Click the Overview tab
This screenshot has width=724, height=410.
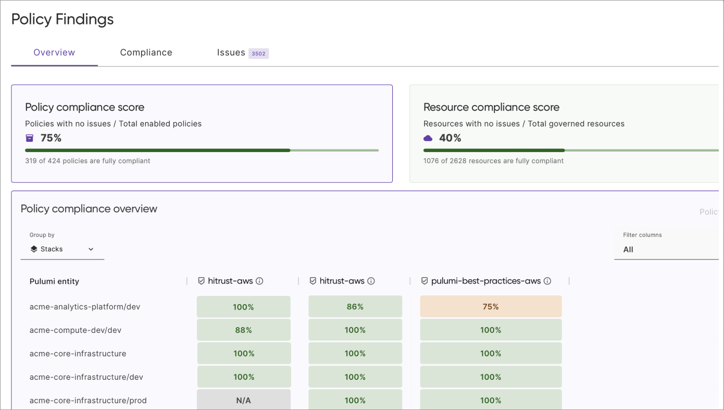(54, 53)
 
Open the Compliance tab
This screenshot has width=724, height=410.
(146, 53)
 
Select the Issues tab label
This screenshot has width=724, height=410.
(231, 53)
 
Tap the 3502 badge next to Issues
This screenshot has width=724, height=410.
(258, 54)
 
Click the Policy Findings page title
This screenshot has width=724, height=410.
(63, 19)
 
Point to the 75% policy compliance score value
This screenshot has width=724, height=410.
(51, 138)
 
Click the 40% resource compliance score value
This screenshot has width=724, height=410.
(450, 138)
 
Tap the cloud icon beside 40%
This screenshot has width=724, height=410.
(428, 138)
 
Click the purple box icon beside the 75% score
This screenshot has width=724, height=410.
(30, 138)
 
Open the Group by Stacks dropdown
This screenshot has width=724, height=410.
(62, 249)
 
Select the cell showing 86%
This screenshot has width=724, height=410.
(355, 307)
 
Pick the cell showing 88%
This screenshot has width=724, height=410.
(243, 330)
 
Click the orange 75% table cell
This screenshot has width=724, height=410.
(491, 307)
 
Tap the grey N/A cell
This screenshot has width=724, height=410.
(243, 400)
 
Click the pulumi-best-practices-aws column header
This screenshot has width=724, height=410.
(485, 281)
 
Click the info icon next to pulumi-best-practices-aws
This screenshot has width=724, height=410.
(547, 281)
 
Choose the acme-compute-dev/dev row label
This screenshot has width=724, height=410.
(76, 330)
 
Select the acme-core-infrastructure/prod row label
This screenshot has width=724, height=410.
(88, 401)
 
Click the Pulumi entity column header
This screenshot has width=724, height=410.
(54, 281)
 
